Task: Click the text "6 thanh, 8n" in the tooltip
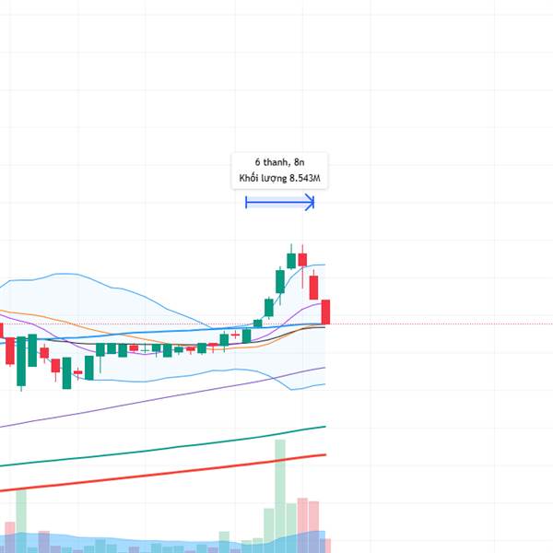tap(278, 161)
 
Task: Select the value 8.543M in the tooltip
tap(303, 177)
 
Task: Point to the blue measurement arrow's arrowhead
tap(312, 202)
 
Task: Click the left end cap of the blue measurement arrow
tap(246, 202)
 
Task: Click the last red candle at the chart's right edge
tap(325, 312)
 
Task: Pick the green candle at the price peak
tap(291, 259)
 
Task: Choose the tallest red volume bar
tap(302, 521)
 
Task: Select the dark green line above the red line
tap(184, 446)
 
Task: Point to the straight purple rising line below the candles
tap(138, 403)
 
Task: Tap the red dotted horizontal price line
tap(415, 324)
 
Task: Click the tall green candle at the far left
tap(31, 350)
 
